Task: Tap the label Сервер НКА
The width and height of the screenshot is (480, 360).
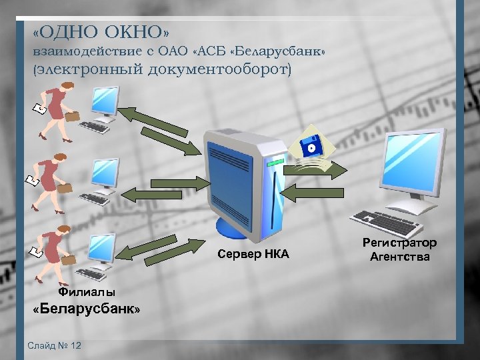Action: (x=253, y=253)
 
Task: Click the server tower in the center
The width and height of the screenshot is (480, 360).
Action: (x=240, y=180)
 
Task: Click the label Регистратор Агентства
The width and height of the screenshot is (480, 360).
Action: (x=400, y=249)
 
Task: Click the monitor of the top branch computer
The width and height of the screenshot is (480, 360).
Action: (x=105, y=100)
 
